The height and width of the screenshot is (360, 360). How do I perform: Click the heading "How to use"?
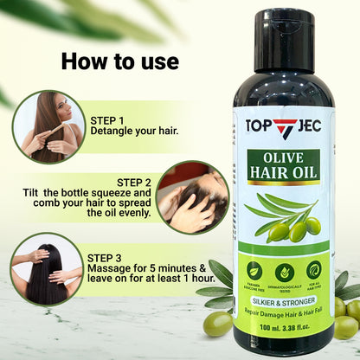[x=120, y=61]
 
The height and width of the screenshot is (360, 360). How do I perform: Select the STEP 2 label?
[x=133, y=182]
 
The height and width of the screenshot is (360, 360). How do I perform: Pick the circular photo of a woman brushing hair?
[x=49, y=126]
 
